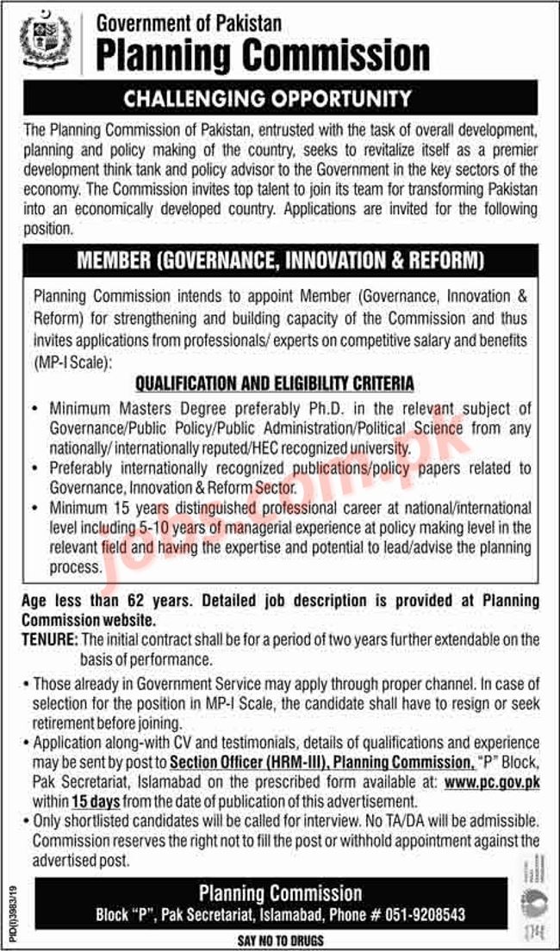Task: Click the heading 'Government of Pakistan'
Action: click(189, 22)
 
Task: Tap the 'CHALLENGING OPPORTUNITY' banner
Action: click(280, 99)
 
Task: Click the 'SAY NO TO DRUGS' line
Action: click(279, 940)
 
